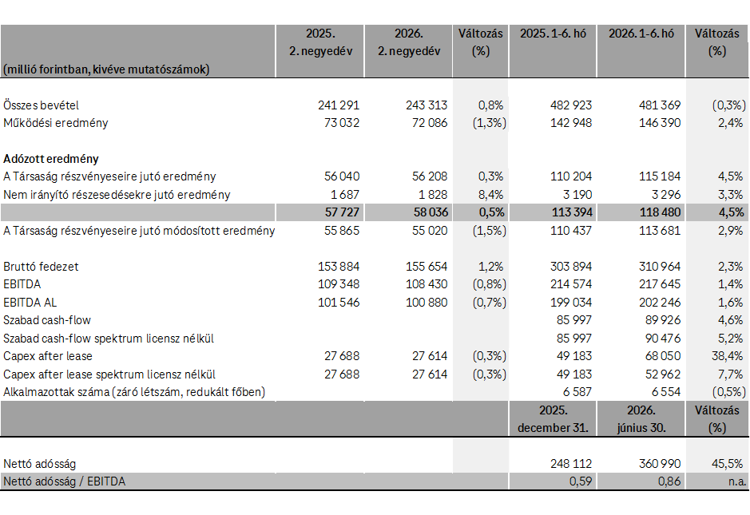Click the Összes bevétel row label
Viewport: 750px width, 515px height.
[42, 105]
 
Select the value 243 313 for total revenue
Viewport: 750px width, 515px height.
[427, 105]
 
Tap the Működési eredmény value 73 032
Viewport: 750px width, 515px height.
[342, 123]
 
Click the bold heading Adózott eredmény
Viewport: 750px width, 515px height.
[51, 159]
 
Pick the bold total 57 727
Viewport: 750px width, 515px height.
[342, 212]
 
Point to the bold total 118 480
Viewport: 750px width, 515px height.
[660, 212]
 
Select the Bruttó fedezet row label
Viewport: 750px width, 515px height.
[42, 267]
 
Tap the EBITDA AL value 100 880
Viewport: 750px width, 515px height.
[427, 302]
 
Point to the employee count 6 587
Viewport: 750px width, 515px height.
[577, 391]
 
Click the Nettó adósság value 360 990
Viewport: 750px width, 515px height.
[660, 463]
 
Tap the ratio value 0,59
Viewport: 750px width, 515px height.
[581, 481]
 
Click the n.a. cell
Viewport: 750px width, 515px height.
[737, 481]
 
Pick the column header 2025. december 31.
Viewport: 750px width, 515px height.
[553, 419]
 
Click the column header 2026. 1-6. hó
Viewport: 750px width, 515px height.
[641, 34]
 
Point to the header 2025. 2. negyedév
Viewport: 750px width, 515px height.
[320, 42]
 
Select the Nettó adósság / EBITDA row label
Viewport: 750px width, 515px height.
[65, 481]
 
